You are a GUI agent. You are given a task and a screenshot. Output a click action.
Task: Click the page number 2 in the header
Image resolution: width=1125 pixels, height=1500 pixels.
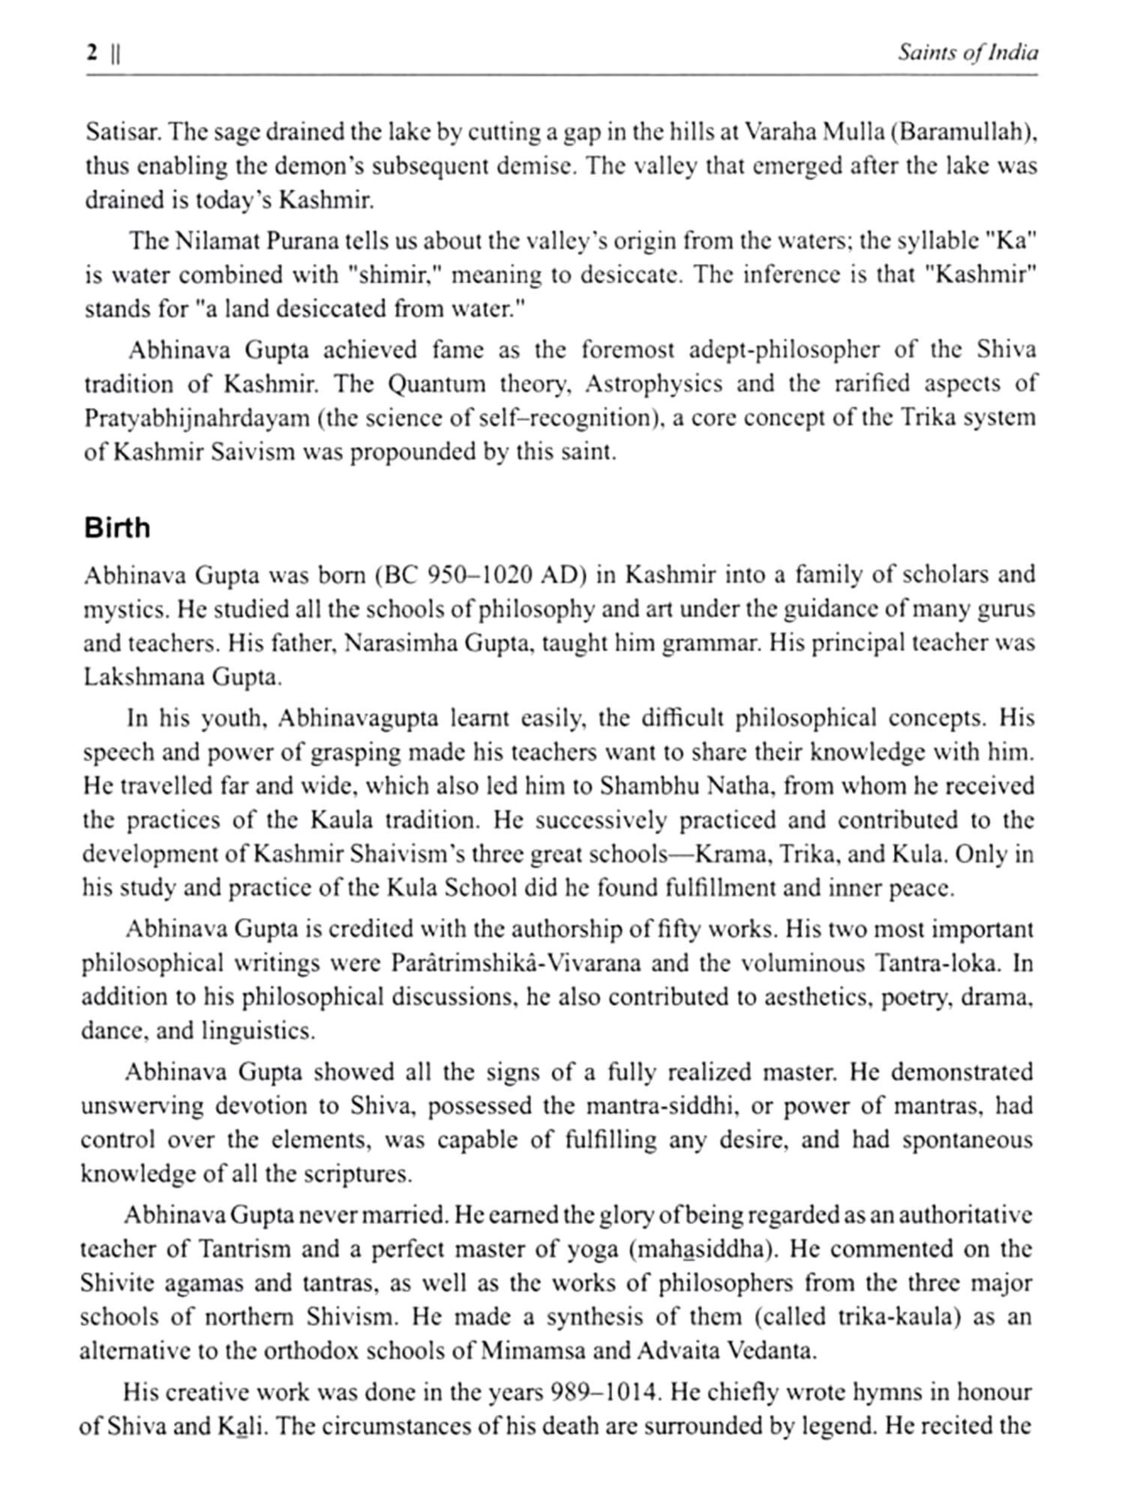tap(92, 53)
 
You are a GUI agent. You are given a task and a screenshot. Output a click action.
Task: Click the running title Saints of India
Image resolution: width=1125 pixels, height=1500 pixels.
tap(967, 53)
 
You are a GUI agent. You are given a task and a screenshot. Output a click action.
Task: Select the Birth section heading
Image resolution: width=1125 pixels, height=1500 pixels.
tap(117, 528)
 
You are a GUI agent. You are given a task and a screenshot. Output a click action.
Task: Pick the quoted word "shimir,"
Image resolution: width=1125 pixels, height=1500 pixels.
tap(394, 275)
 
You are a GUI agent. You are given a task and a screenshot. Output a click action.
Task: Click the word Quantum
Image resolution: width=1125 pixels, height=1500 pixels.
tap(436, 384)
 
